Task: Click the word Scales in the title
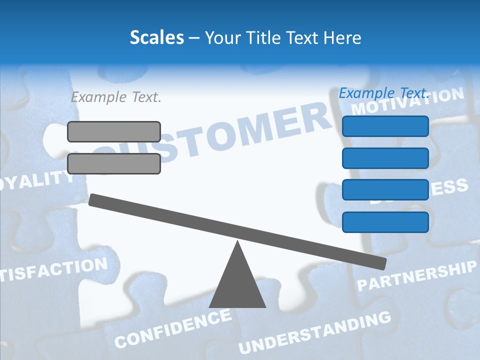pos(156,38)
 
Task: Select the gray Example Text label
pos(116,97)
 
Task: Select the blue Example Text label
pos(384,93)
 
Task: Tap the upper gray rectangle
pos(114,131)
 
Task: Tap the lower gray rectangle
pos(114,163)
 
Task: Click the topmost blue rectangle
pos(385,126)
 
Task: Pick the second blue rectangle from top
pos(385,158)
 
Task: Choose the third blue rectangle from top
pos(385,190)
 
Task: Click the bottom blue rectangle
pos(385,222)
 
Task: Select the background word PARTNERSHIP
pos(417,276)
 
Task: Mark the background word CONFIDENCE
pos(173,328)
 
